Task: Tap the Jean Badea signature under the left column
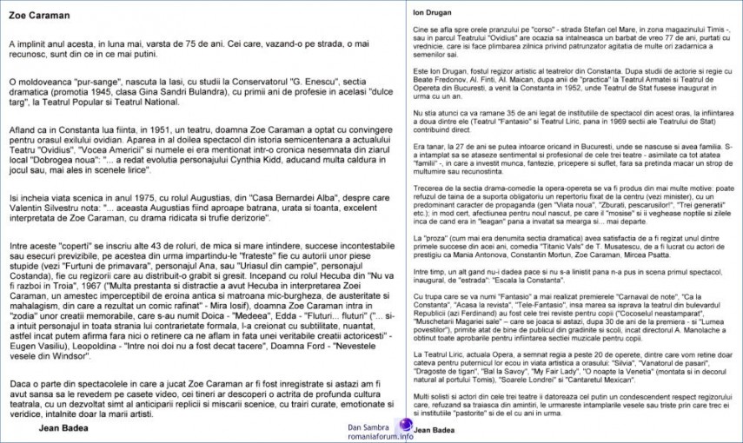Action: pyautogui.click(x=64, y=426)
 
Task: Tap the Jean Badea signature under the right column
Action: pyautogui.click(x=435, y=429)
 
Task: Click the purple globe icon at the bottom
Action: pyautogui.click(x=406, y=426)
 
